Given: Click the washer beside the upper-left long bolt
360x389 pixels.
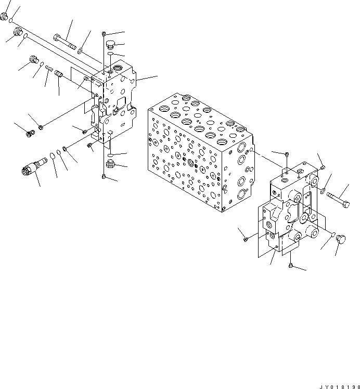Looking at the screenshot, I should [x=81, y=50].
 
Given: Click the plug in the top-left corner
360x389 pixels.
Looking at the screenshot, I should [x=5, y=18].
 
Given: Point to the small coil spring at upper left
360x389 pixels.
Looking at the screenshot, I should [x=48, y=69].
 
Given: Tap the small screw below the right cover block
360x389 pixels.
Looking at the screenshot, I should [x=290, y=266].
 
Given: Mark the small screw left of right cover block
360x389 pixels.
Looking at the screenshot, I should [x=245, y=239].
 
